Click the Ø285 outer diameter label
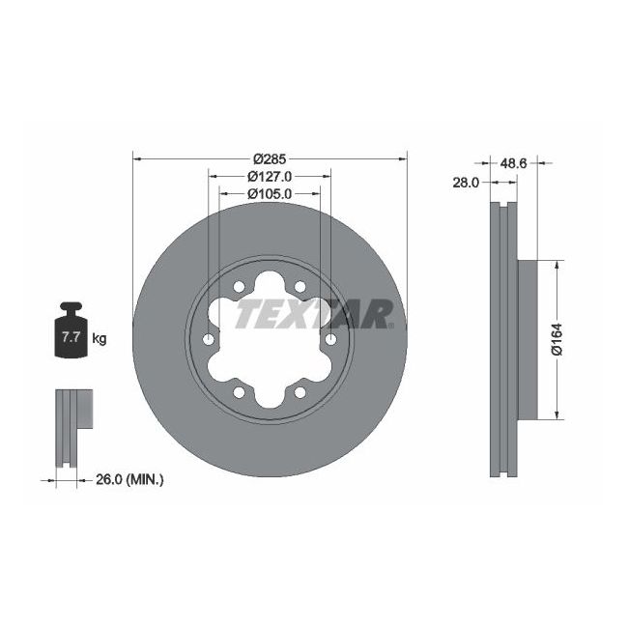(x=271, y=158)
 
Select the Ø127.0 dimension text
(x=270, y=176)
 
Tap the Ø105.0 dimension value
(x=270, y=193)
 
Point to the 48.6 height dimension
(x=512, y=164)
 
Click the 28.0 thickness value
(x=467, y=182)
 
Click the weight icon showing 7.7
(x=71, y=332)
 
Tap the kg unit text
(x=99, y=339)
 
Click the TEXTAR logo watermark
(x=314, y=314)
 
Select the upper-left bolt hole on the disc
(x=239, y=286)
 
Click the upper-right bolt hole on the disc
(x=300, y=286)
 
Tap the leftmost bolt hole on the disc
(x=208, y=339)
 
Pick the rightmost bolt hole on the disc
(x=331, y=339)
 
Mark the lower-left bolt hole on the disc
(x=239, y=392)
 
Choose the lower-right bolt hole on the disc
(x=300, y=392)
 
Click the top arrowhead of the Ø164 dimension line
(x=557, y=263)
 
